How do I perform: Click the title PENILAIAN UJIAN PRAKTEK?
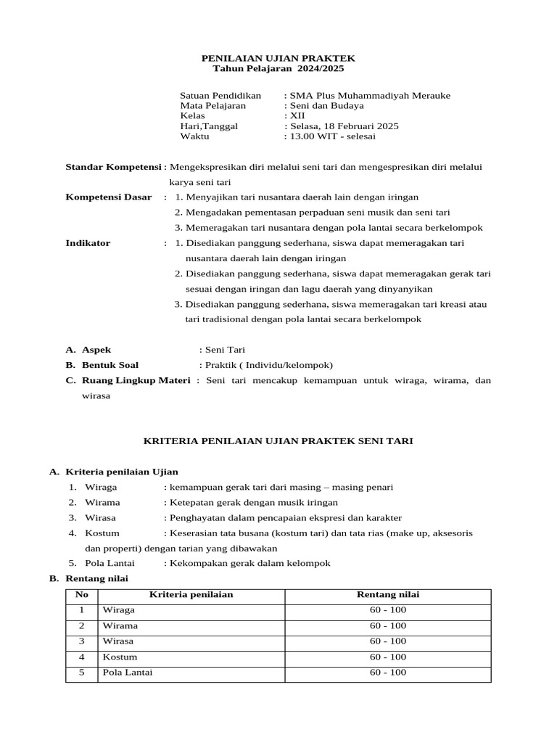click(278, 57)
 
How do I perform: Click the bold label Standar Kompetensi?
click(114, 166)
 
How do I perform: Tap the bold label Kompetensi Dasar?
click(109, 197)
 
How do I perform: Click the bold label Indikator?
click(88, 243)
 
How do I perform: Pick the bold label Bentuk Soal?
click(110, 365)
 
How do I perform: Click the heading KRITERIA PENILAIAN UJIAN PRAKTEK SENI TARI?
click(278, 440)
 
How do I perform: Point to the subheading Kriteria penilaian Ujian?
click(121, 472)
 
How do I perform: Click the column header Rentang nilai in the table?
click(387, 595)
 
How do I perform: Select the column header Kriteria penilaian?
click(191, 595)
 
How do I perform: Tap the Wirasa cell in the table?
click(118, 641)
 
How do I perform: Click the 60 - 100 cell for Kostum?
click(387, 657)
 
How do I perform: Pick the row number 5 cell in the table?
click(82, 673)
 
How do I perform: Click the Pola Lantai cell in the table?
click(128, 673)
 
